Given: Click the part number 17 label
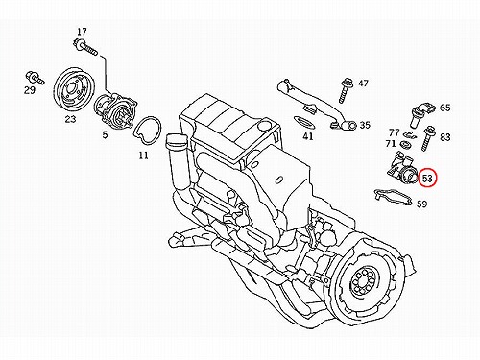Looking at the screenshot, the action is coord(82,32).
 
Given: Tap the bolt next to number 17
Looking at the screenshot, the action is coord(84,47).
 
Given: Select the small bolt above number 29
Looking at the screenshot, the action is coord(35,78).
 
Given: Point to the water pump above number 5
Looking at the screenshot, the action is coord(116,109).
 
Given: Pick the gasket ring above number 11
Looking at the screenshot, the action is coord(148,131).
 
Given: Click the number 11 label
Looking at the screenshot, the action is coord(144,156).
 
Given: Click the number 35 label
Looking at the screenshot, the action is coord(365,125).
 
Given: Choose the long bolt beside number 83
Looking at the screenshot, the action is coord(427,139).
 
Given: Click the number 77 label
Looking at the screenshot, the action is coord(395,132).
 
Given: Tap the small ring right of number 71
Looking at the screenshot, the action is coord(406,144).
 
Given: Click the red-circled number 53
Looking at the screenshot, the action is coord(428,179).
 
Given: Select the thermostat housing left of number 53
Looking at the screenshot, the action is coord(401,168).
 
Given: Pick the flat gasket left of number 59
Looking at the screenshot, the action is coord(393,199).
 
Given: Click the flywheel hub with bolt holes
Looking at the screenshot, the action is coord(364,282).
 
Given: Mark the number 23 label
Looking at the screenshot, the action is coord(71,119).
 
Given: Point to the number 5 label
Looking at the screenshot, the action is coord(105,134).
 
